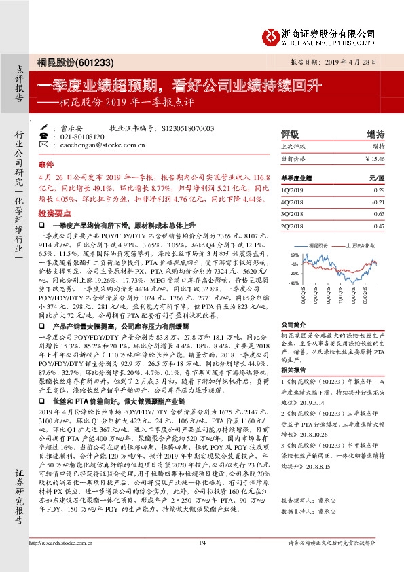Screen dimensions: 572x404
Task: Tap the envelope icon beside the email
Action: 44,145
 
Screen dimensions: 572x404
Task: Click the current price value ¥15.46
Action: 375,158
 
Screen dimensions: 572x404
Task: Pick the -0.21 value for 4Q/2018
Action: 378,202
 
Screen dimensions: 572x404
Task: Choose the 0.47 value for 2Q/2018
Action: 379,225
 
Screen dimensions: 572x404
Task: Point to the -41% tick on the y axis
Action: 293,281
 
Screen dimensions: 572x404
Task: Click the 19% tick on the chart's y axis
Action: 294,252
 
